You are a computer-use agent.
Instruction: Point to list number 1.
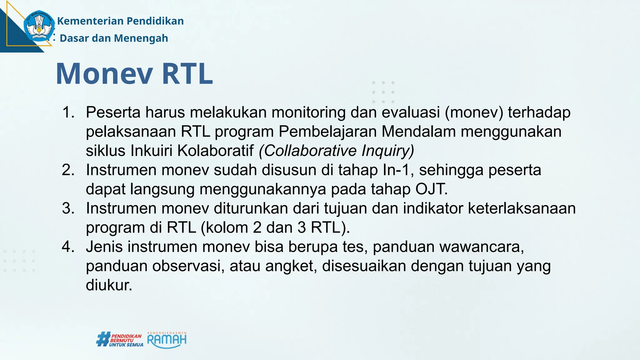(x=68, y=112)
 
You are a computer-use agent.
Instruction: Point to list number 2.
(x=68, y=170)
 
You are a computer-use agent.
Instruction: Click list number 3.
(x=68, y=208)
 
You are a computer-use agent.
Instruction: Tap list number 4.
(x=68, y=247)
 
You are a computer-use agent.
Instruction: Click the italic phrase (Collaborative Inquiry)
(x=336, y=151)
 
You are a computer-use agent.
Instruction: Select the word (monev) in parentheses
(x=474, y=112)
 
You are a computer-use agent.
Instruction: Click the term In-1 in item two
(x=396, y=170)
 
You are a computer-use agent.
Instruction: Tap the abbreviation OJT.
(x=431, y=189)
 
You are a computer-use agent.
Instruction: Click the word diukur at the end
(x=109, y=285)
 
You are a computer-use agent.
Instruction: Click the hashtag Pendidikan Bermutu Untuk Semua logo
(x=120, y=340)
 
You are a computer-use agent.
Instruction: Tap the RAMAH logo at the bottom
(x=167, y=340)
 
